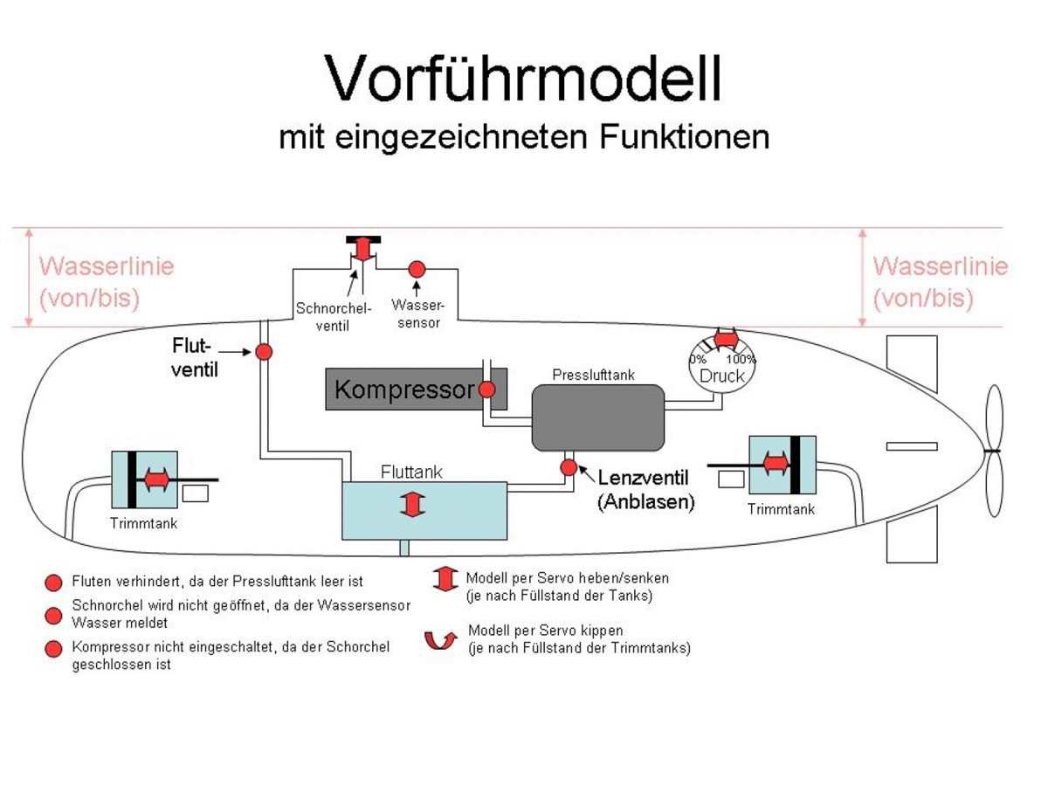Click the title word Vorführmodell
524,79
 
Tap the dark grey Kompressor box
402,389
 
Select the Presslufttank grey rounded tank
598,417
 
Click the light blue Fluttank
424,510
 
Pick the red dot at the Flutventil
264,352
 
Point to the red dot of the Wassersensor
417,269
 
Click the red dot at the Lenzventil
569,467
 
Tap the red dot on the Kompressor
486,390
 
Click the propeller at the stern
995,451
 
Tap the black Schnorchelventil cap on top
363,239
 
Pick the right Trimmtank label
781,508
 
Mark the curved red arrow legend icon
441,640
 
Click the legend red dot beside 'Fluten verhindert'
54,582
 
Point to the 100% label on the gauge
741,359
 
